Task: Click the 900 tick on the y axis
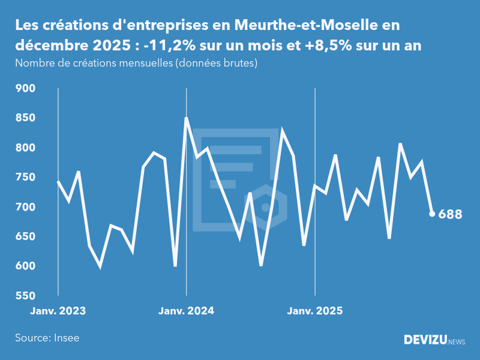point(26,89)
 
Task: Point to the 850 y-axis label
point(26,118)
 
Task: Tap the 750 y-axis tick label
point(26,178)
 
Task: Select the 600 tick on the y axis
point(26,266)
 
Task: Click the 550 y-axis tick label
point(26,296)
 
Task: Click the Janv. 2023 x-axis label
point(58,311)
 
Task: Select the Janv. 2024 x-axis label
point(186,311)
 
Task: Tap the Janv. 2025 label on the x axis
point(315,311)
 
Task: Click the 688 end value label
point(450,214)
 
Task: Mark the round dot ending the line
point(432,214)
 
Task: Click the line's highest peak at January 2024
point(186,118)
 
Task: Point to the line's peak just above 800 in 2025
point(400,144)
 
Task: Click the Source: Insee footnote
point(47,338)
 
